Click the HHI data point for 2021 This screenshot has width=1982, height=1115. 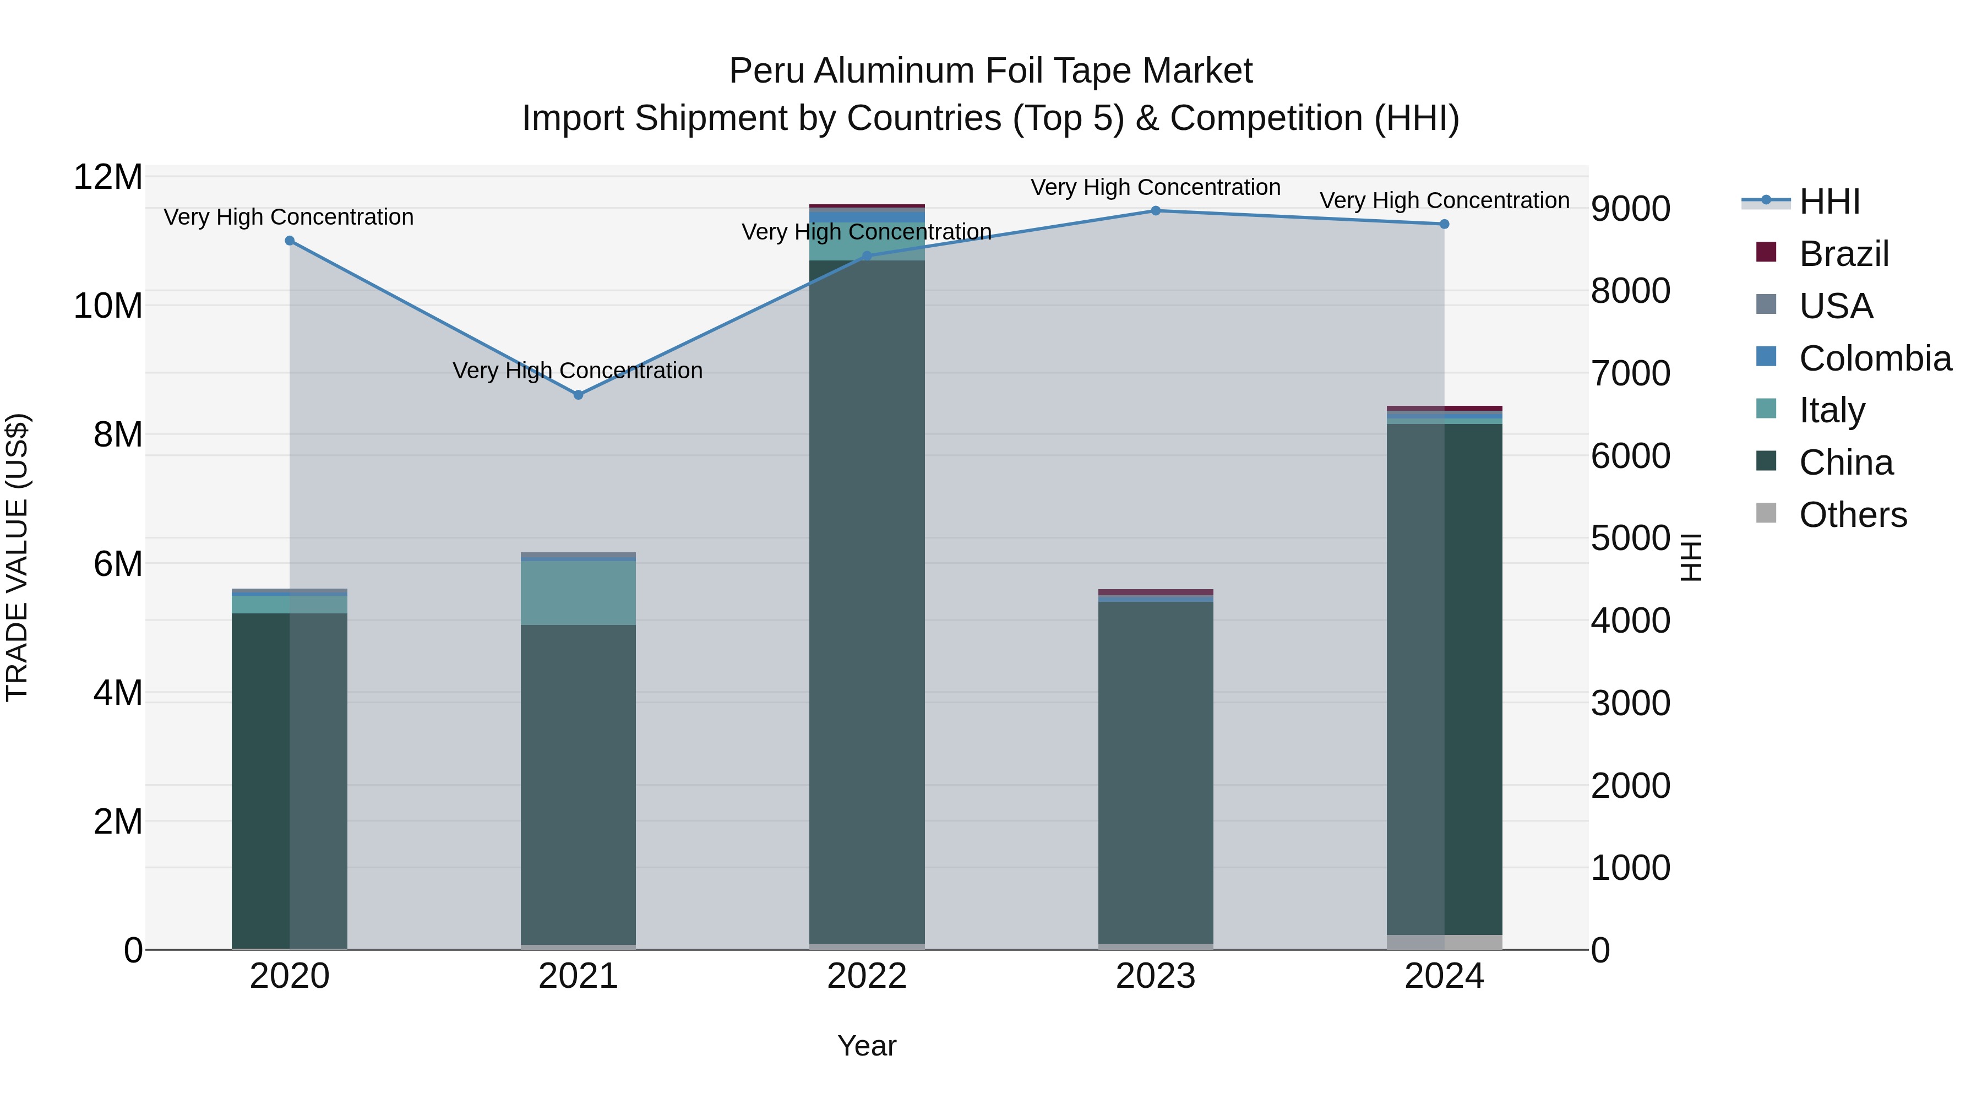tap(579, 395)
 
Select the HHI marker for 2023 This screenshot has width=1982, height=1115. tap(1156, 211)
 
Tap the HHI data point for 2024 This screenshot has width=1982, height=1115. tap(1444, 224)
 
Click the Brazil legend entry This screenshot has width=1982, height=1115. tap(1843, 254)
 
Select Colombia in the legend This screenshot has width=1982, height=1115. tap(1874, 358)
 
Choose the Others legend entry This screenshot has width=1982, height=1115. tap(1853, 515)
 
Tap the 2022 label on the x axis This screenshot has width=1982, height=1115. tap(867, 976)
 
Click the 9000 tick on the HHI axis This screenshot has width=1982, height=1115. tap(1630, 209)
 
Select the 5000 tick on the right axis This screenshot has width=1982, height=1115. tap(1630, 538)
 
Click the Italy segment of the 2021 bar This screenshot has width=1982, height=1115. tap(579, 592)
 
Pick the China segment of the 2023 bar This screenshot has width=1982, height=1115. tap(1156, 770)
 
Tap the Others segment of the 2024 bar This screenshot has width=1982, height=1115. tap(1444, 942)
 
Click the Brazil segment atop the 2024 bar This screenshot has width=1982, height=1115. tap(1444, 409)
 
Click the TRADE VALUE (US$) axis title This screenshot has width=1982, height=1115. tap(17, 557)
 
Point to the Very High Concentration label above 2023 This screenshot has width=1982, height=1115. tap(1156, 187)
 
